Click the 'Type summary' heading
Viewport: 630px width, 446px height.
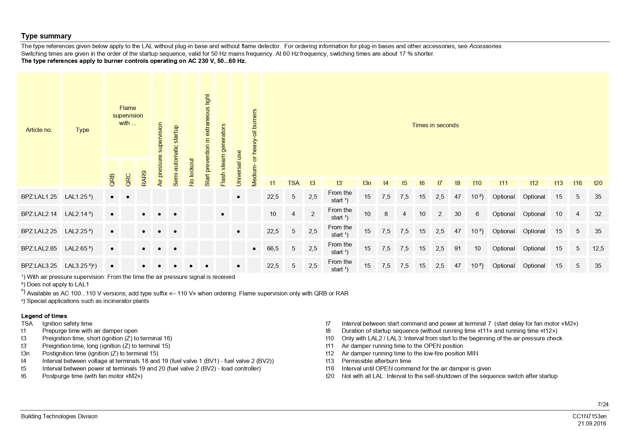pos(46,36)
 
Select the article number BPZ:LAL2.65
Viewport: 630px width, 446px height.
pos(39,248)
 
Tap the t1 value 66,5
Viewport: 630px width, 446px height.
pos(273,248)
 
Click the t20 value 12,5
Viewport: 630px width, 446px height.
pos(598,248)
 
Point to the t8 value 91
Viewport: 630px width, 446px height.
pos(457,248)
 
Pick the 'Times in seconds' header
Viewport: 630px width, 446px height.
pos(435,125)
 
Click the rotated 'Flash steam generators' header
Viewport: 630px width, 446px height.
pos(223,155)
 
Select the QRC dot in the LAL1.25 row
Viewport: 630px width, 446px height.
pos(128,197)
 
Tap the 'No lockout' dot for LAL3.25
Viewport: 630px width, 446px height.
pos(191,266)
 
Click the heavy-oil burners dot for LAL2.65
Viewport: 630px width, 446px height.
pos(254,249)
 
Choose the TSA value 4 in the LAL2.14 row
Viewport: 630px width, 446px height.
pos(293,214)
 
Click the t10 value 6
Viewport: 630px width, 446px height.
pos(477,214)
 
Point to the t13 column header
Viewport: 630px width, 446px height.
pos(559,183)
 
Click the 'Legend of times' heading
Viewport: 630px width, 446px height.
pos(44,316)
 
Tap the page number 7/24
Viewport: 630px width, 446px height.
pos(603,404)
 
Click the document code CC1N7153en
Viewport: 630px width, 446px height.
pos(589,416)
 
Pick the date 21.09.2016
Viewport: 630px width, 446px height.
pos(592,423)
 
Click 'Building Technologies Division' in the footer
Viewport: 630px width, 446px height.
pos(59,416)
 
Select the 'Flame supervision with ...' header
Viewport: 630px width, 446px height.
pos(128,115)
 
